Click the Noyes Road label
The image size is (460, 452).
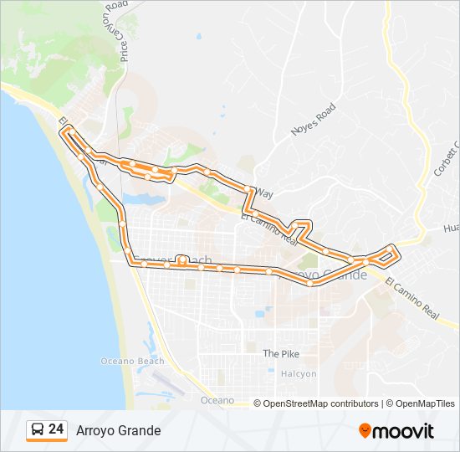313,120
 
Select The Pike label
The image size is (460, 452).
281,353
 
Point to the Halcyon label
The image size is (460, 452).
299,373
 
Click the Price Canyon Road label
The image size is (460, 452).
118,33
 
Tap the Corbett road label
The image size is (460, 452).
447,158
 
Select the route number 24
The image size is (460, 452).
56,429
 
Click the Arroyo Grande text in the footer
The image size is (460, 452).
119,430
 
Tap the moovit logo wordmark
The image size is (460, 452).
404,431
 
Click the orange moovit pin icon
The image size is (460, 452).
365,431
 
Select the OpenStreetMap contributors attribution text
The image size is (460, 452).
320,403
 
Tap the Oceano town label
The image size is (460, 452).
217,401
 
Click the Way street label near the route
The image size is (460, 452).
264,193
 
